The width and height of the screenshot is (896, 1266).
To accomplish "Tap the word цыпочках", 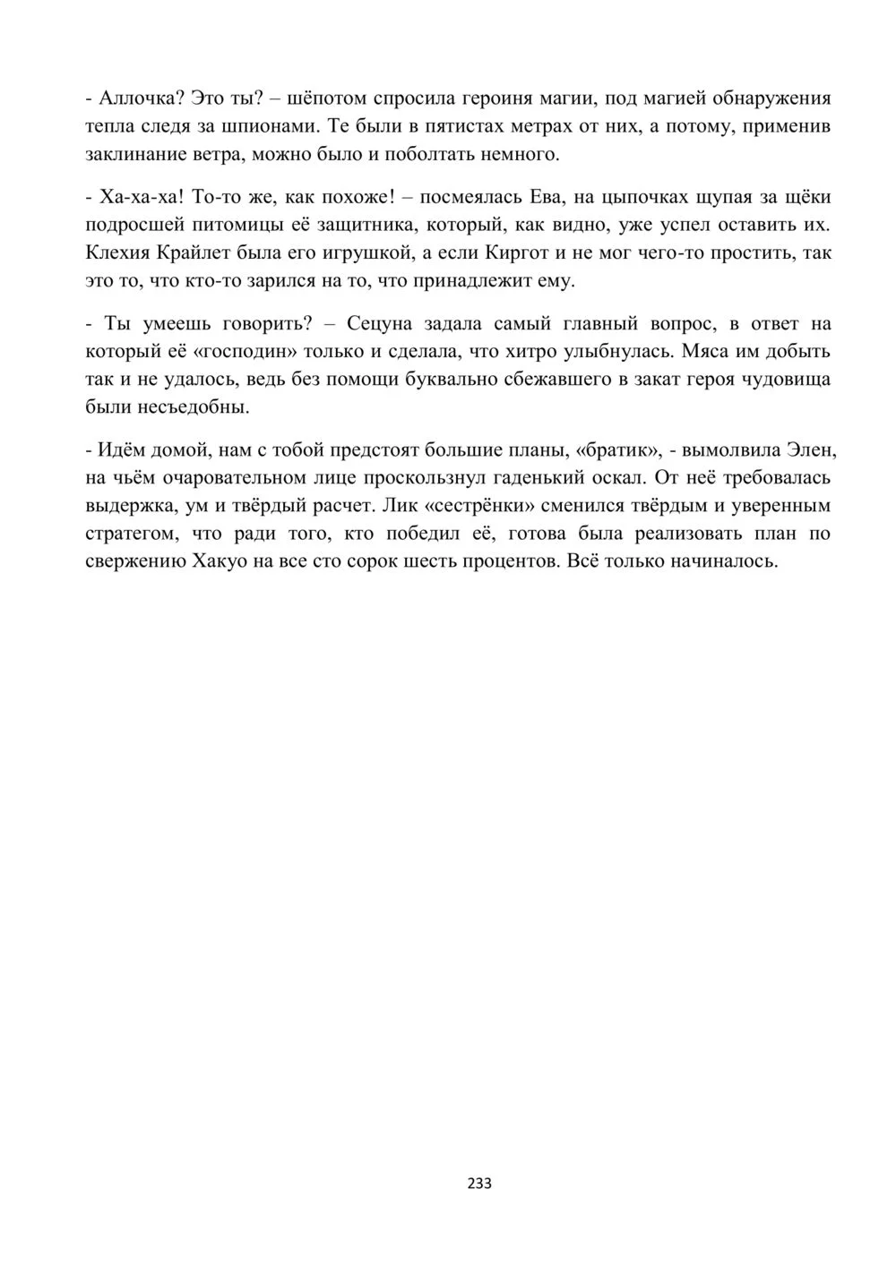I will click(x=647, y=197).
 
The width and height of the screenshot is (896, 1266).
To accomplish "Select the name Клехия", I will click(x=118, y=253).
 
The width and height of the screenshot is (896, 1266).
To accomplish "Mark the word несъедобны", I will click(x=199, y=407).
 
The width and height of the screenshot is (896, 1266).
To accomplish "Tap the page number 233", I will click(x=479, y=1183).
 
